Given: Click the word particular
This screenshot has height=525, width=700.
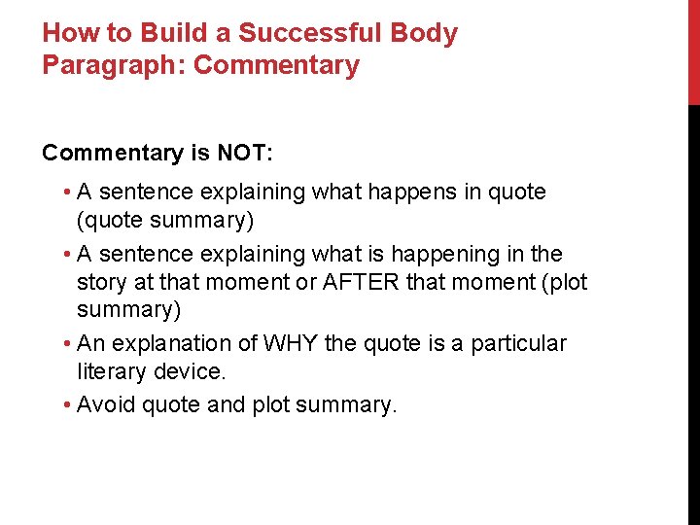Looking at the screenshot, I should coord(518,343).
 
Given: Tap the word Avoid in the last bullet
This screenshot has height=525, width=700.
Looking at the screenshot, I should coord(106,404).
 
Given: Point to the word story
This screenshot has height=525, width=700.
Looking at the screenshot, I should coord(104,283).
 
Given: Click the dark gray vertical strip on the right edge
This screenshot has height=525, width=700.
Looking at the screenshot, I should coord(693,311).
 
